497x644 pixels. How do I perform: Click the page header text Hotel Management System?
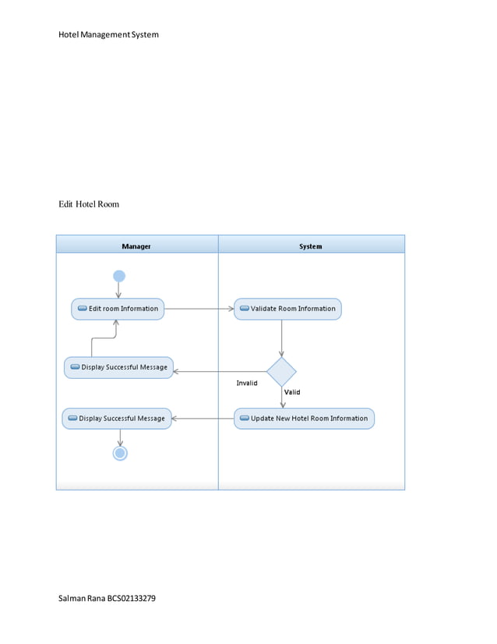pos(108,34)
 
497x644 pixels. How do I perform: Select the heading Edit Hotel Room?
pos(89,204)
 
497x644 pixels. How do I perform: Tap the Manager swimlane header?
pos(136,246)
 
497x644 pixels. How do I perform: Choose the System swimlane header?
pos(310,246)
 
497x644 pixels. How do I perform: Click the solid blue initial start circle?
pos(119,276)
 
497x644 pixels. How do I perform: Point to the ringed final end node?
pos(120,453)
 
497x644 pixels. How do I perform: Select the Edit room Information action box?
pos(118,309)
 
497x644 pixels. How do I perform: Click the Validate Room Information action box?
pos(287,309)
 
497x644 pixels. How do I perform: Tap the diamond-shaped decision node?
pos(281,372)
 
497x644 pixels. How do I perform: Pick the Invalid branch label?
pos(247,384)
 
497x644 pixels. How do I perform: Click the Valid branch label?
pos(292,392)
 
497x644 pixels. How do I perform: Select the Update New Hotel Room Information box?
pos(304,419)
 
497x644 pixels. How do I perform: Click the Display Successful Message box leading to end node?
pos(116,419)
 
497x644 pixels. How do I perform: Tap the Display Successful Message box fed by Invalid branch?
pos(118,367)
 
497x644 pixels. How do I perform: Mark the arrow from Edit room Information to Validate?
pos(199,309)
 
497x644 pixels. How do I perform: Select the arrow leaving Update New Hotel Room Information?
pos(203,419)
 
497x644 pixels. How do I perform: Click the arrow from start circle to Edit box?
pos(119,290)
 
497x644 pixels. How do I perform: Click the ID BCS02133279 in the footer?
pos(137,598)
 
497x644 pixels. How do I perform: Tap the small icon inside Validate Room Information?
pos(244,309)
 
